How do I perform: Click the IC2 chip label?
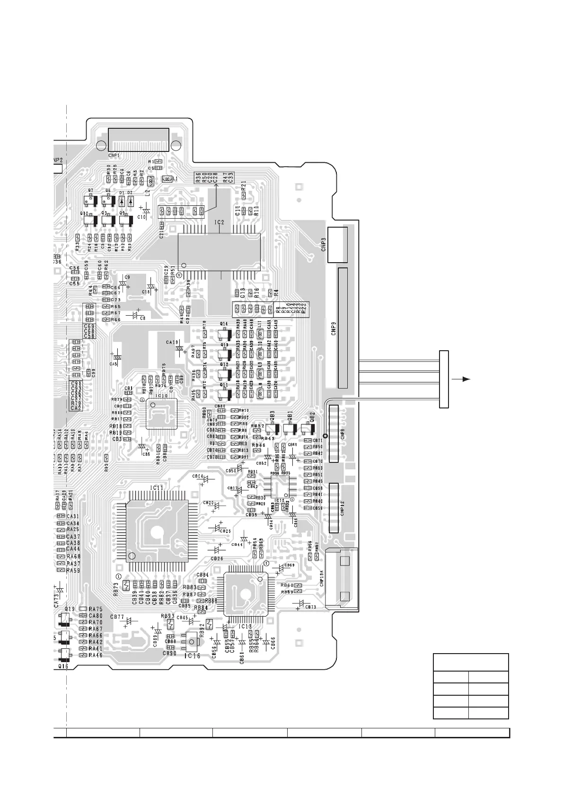[x=219, y=222]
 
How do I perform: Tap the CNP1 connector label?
[x=114, y=155]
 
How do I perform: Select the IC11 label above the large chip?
[x=157, y=487]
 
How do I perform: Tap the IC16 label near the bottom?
[x=192, y=655]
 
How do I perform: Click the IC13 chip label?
[x=246, y=626]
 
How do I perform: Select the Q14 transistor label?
[x=224, y=324]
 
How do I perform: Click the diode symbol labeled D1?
[x=122, y=201]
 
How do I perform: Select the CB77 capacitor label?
[x=117, y=617]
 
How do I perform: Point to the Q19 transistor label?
[x=70, y=609]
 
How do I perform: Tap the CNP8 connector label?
[x=342, y=433]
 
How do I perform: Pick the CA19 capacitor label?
[x=172, y=342]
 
